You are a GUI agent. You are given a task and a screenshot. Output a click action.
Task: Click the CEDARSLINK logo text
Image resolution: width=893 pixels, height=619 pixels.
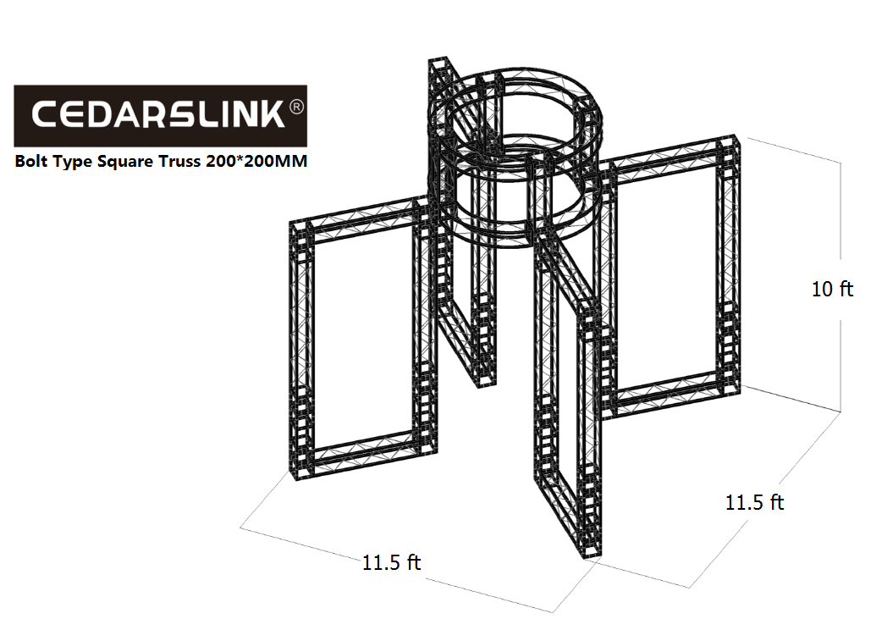(x=157, y=114)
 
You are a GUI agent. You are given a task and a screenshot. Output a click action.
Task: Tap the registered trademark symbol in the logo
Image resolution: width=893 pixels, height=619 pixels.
(x=297, y=107)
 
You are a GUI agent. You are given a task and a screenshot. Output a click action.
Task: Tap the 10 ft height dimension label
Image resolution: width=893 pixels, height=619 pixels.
(x=832, y=289)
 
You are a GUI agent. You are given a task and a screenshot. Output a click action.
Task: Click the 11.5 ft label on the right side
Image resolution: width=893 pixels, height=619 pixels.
(x=755, y=502)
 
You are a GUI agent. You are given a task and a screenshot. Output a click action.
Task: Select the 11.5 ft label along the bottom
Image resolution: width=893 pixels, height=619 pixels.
(x=391, y=562)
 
